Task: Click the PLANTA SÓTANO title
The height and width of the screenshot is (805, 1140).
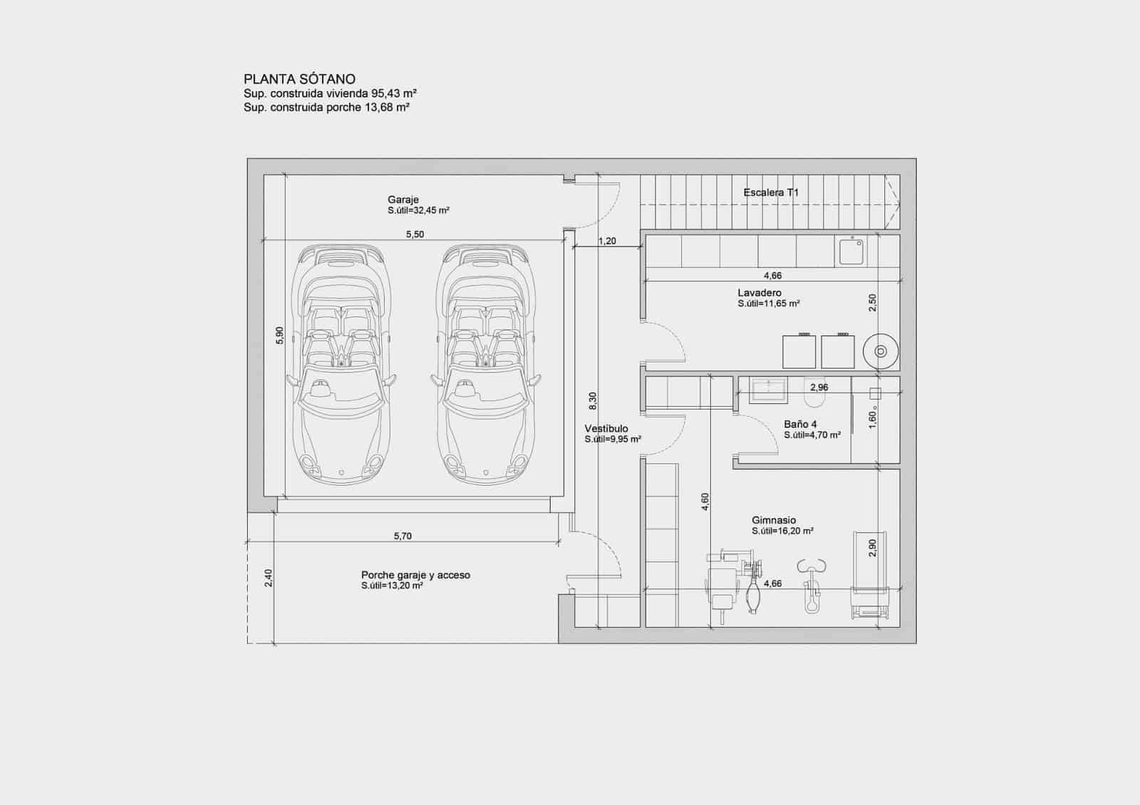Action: click(299, 79)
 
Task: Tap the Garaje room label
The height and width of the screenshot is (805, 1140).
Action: click(403, 200)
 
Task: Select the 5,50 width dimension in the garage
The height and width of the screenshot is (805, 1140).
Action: click(415, 234)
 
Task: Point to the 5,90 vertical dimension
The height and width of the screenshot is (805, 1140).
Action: click(279, 336)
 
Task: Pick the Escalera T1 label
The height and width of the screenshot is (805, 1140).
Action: click(771, 192)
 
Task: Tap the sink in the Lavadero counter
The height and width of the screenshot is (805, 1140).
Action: click(852, 251)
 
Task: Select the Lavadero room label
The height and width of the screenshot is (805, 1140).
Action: click(760, 293)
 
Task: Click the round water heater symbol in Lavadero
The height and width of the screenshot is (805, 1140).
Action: click(881, 351)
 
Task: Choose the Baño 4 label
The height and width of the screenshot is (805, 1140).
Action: click(800, 424)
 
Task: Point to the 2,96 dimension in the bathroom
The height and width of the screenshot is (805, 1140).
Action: click(819, 388)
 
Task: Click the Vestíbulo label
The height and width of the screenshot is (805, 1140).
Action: click(606, 429)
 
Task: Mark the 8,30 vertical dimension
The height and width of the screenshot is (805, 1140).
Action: click(592, 401)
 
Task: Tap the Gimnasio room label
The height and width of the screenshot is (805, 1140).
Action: click(774, 520)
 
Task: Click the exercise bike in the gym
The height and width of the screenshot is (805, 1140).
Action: click(812, 584)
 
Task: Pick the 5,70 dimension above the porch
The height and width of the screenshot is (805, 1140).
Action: click(403, 536)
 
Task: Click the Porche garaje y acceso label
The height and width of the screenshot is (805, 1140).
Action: click(415, 575)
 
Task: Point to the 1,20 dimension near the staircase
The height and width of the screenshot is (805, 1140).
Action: click(607, 241)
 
